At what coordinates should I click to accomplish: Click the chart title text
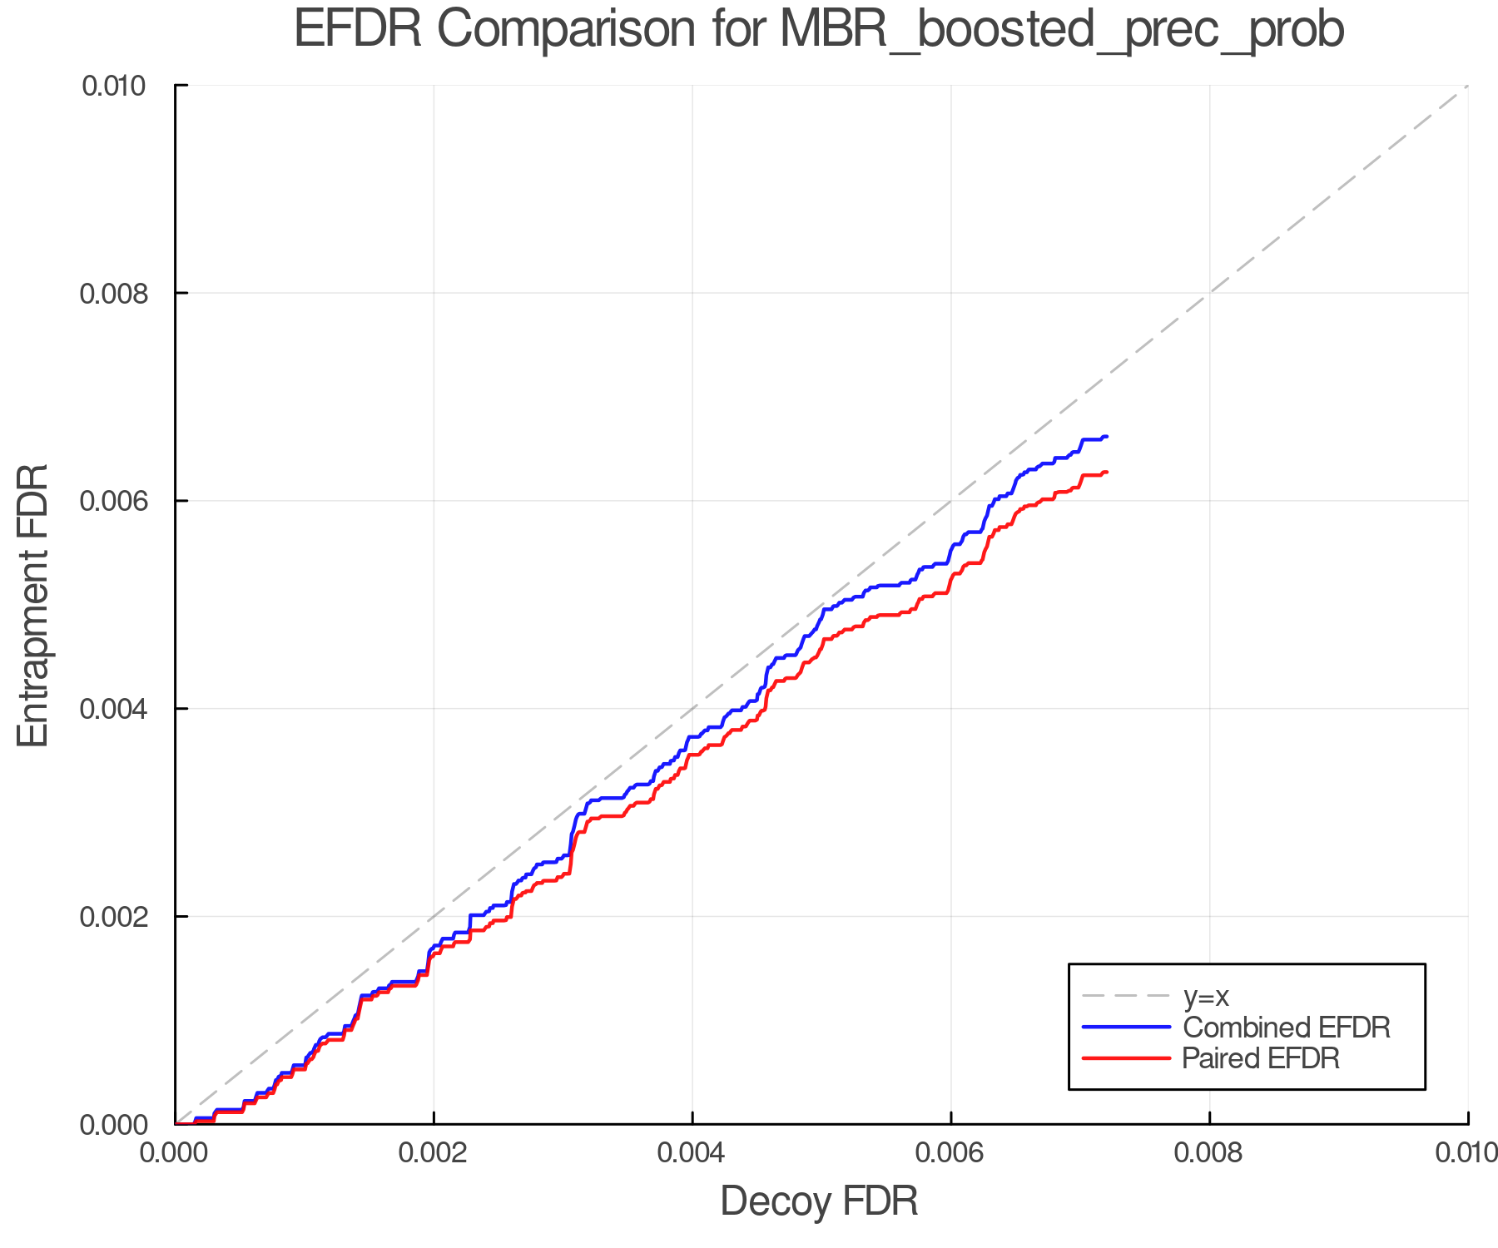tap(819, 30)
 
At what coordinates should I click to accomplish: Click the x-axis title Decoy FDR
tap(819, 1201)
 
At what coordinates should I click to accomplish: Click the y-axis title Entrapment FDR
tap(33, 605)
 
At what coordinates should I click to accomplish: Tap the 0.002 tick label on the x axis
tap(434, 1153)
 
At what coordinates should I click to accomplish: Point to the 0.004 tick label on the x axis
tap(692, 1153)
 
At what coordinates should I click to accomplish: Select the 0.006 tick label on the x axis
tap(950, 1153)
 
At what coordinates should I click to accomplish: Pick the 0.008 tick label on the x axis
tap(1209, 1153)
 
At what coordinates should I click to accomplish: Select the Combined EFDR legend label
tap(1287, 1028)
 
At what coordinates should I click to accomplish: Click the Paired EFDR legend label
tap(1261, 1058)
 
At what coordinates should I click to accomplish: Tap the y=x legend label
tap(1206, 997)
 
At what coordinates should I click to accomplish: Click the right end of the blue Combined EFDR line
tap(1106, 436)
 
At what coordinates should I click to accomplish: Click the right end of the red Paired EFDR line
tap(1106, 472)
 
